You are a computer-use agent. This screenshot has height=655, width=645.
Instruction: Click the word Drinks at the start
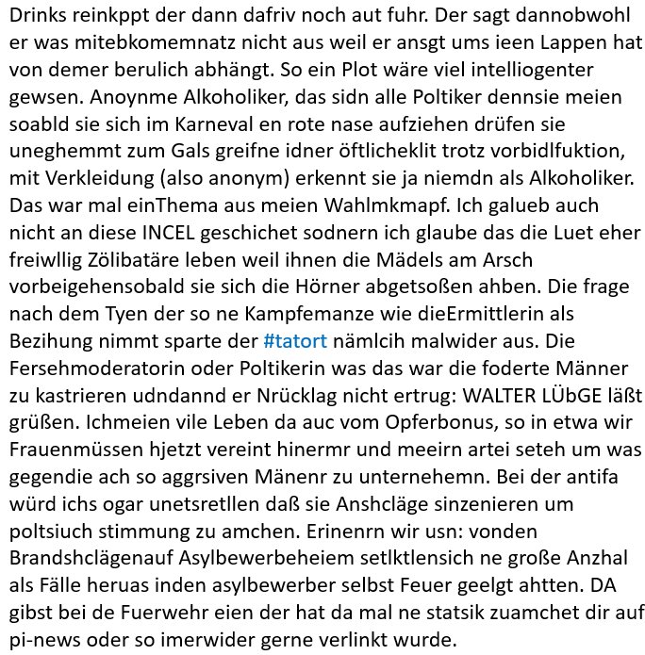click(37, 18)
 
